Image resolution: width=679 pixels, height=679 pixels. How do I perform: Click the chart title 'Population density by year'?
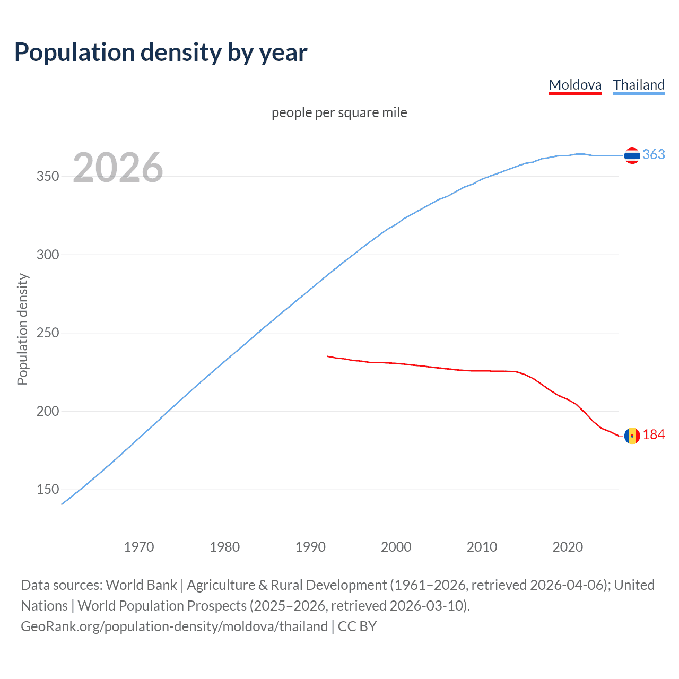[x=161, y=53]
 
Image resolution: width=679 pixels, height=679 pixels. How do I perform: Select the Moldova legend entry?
[x=575, y=85]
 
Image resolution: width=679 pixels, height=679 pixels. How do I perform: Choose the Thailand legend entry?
[x=639, y=85]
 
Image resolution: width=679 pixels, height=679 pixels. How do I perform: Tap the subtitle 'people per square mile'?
[x=339, y=112]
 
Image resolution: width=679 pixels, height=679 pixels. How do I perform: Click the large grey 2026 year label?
[x=118, y=168]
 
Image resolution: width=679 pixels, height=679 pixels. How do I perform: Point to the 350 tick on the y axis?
[x=48, y=177]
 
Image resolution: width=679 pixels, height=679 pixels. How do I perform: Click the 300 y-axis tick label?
[x=48, y=255]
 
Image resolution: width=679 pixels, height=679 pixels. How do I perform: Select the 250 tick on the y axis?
[x=48, y=333]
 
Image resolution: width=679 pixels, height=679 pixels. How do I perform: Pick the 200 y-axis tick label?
[x=48, y=411]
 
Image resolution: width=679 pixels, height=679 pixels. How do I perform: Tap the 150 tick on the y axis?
[x=48, y=490]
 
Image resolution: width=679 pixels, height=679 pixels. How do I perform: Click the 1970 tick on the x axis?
[x=139, y=547]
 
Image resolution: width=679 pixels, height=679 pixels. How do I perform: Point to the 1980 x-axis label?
[x=225, y=547]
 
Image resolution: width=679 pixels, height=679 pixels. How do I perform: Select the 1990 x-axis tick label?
[x=310, y=547]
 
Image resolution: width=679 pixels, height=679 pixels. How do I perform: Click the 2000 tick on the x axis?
[x=396, y=547]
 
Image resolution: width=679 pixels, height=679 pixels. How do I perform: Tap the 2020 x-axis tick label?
[x=568, y=547]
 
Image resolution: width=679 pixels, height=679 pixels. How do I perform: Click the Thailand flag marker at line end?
[x=632, y=155]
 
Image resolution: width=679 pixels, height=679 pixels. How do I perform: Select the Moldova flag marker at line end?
[x=632, y=436]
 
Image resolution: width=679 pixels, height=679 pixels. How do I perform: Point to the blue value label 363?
[x=654, y=154]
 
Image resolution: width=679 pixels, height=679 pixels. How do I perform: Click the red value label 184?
[x=654, y=435]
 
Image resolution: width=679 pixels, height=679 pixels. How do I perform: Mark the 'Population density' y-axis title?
[x=22, y=329]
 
